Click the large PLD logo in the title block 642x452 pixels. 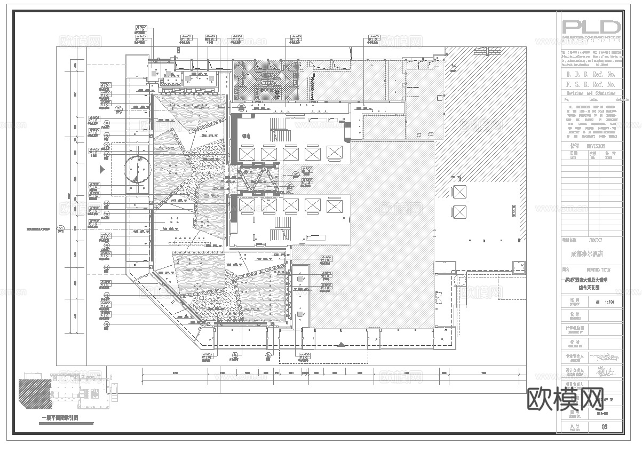pyautogui.click(x=591, y=28)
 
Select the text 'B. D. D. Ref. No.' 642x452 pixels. pyautogui.click(x=591, y=75)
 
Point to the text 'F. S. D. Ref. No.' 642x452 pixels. pyautogui.click(x=591, y=84)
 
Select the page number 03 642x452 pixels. pyautogui.click(x=604, y=427)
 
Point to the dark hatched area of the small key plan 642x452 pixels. pyautogui.click(x=34, y=394)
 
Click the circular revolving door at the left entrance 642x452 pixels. pyautogui.click(x=138, y=170)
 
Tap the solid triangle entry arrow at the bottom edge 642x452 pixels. pyautogui.click(x=341, y=345)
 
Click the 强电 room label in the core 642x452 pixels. pyautogui.click(x=246, y=136)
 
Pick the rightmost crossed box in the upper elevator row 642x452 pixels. pyautogui.click(x=334, y=154)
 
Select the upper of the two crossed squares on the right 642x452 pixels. pyautogui.click(x=458, y=192)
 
